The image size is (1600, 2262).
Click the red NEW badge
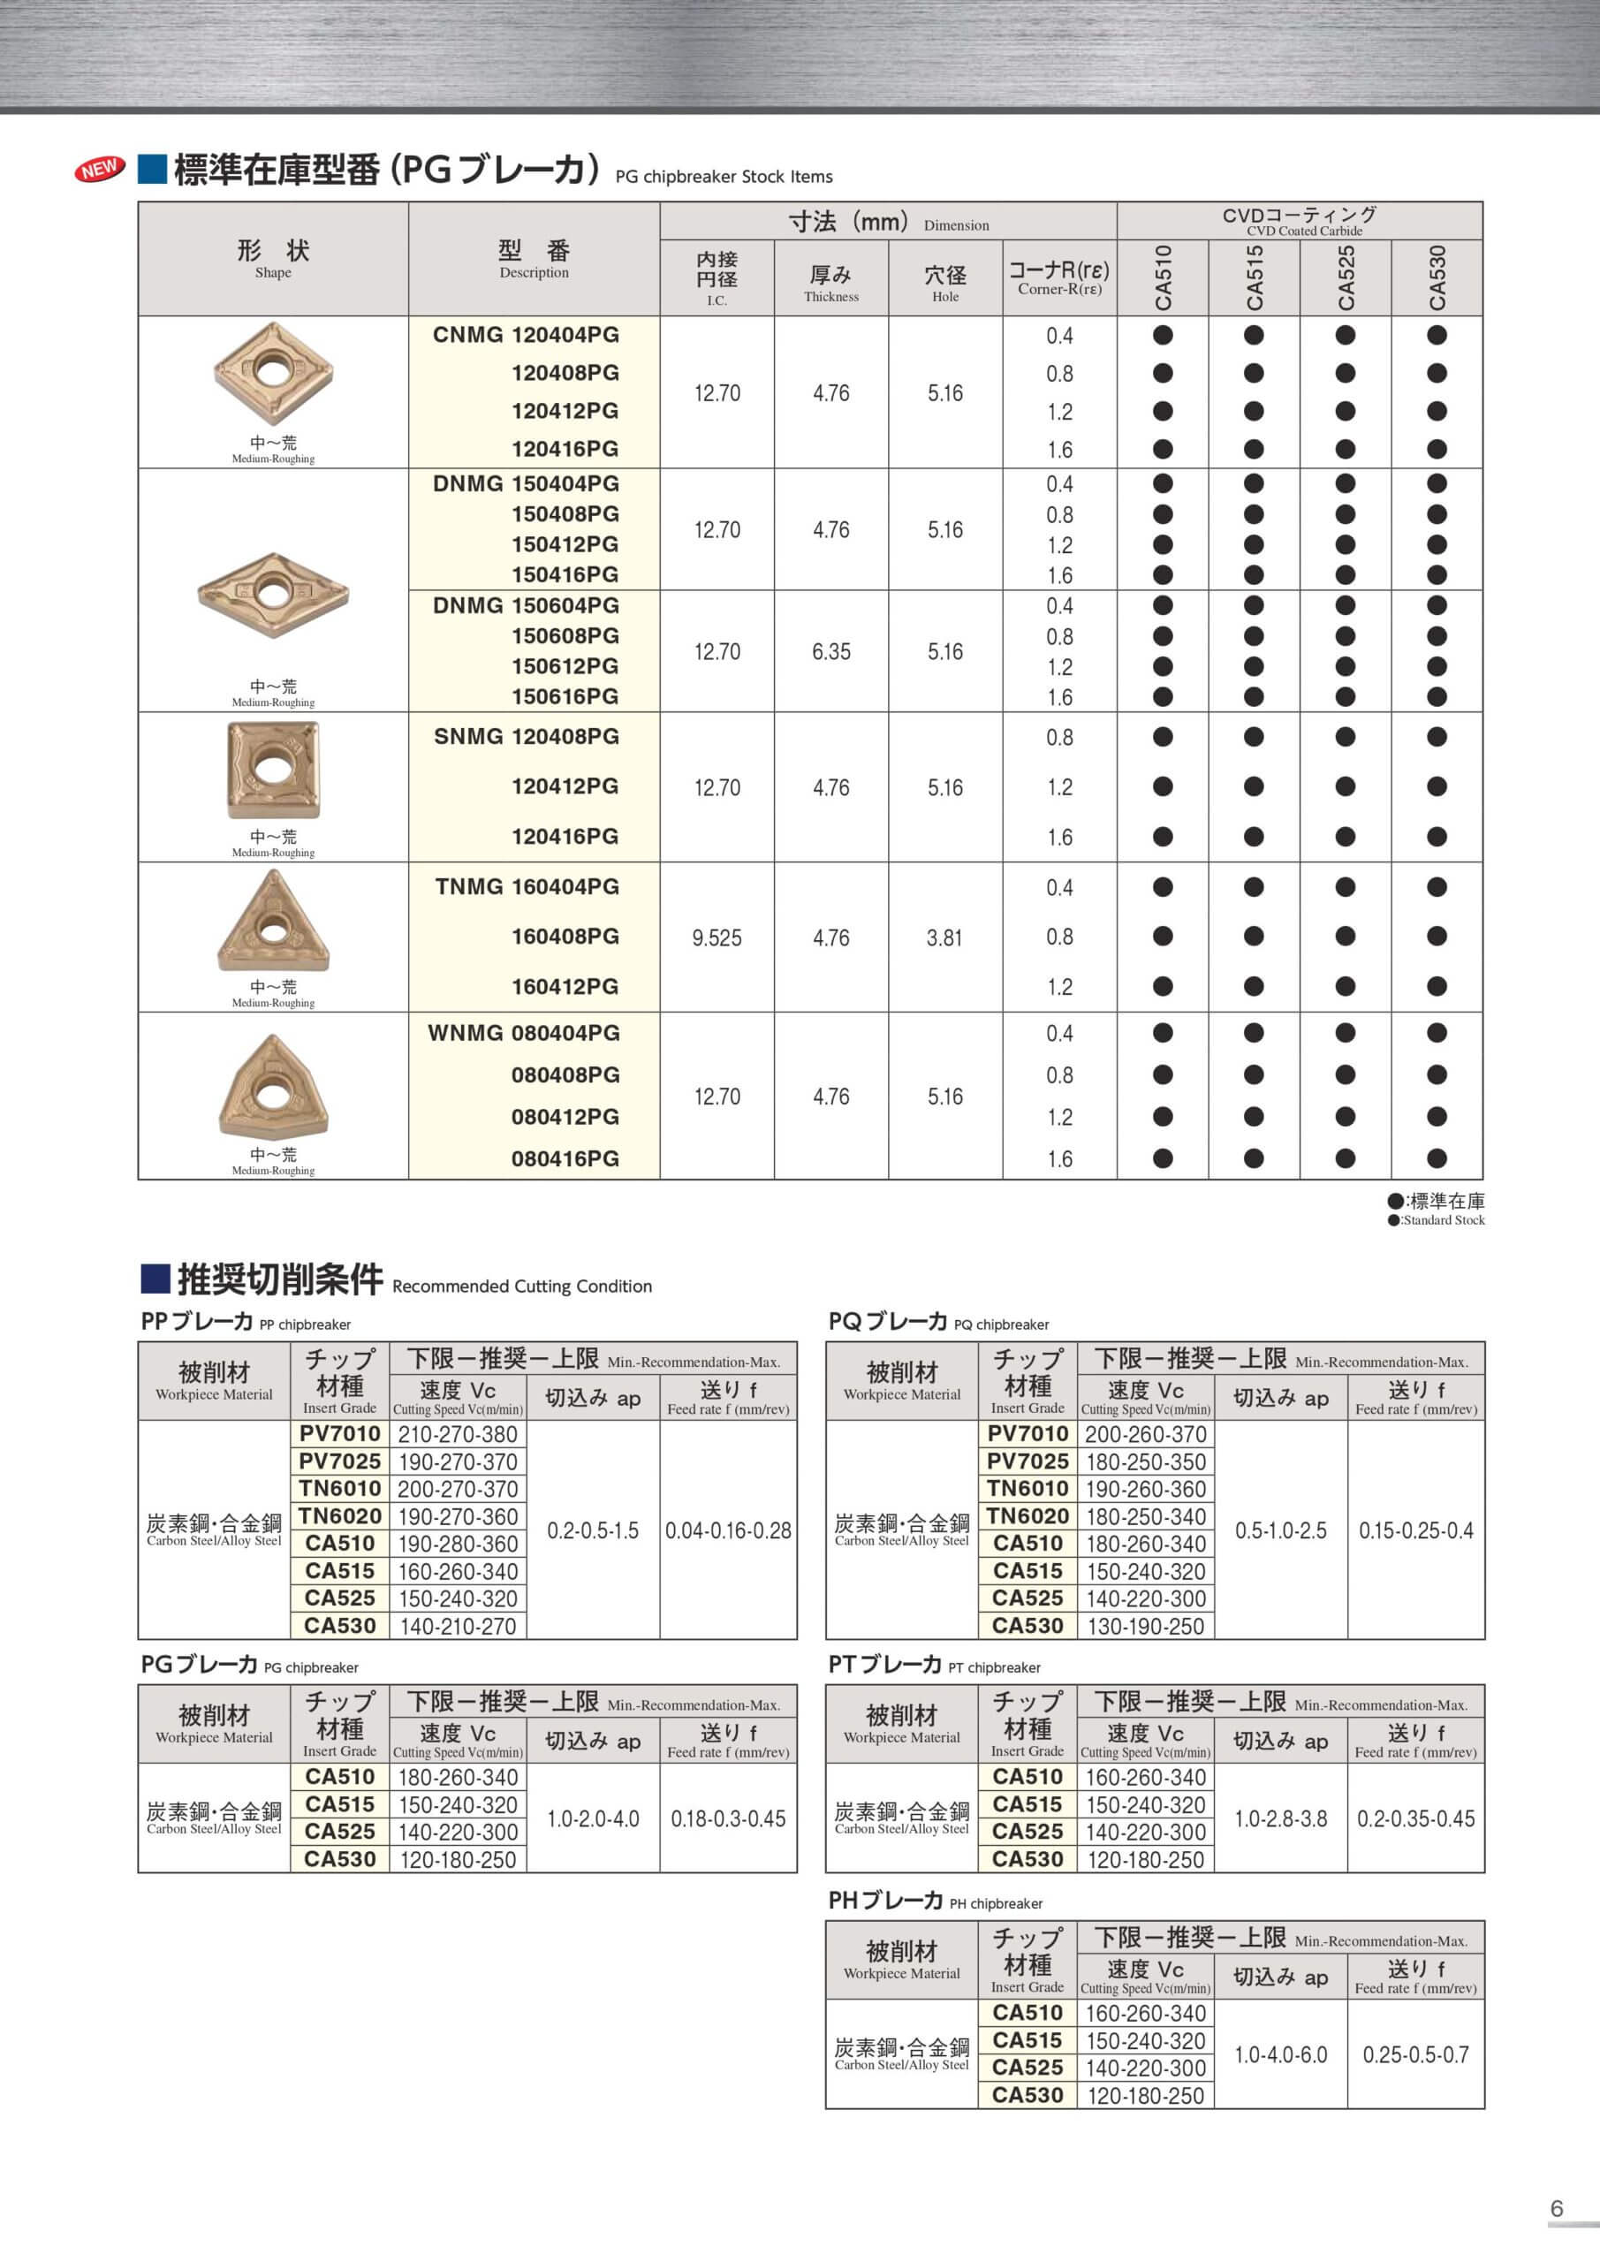(100, 170)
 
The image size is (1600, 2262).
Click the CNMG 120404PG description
(525, 335)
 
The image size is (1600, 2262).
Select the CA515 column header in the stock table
(1253, 277)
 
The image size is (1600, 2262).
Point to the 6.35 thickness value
(830, 651)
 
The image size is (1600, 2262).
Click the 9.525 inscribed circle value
(717, 937)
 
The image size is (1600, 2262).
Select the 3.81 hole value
(944, 937)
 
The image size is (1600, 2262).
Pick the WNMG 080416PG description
(565, 1158)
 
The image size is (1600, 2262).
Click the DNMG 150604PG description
(525, 606)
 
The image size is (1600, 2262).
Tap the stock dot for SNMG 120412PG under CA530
(1436, 786)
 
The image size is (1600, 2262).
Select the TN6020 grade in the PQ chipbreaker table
(1027, 1516)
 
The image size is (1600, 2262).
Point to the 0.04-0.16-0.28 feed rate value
(728, 1530)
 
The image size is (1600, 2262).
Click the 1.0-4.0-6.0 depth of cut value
(1280, 2054)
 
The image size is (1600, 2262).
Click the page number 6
(1557, 2208)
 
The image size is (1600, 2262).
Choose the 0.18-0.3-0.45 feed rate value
(728, 1818)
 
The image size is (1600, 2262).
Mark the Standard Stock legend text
(1444, 1219)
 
